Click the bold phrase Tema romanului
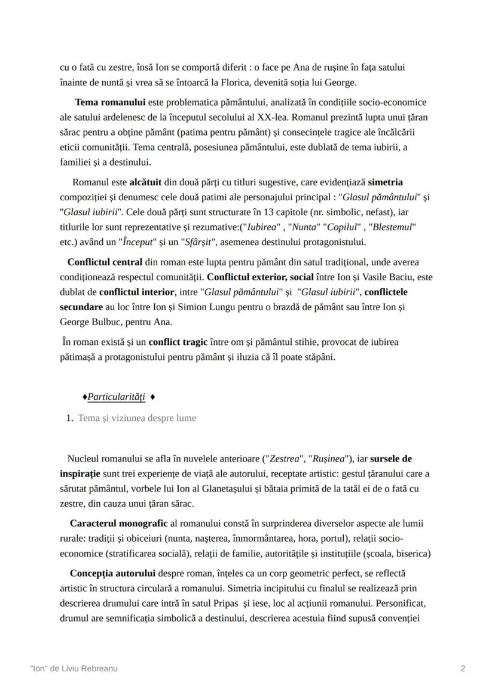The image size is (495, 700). coord(110,102)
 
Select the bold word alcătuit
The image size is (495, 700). coord(150,182)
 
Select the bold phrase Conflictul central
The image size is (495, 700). coord(105,262)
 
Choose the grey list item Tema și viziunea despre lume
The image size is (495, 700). coord(137,418)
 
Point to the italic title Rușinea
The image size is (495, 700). coord(329,458)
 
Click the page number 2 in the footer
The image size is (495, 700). coord(463,668)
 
